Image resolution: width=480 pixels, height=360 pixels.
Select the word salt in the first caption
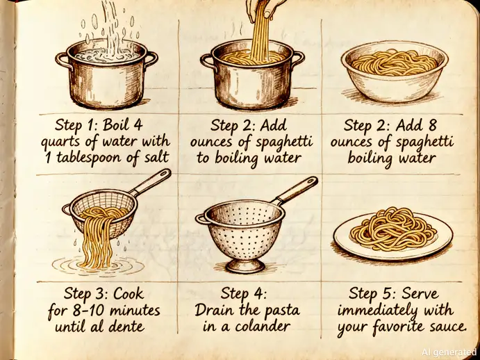tap(156, 157)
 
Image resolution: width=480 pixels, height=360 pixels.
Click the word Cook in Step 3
tap(129, 294)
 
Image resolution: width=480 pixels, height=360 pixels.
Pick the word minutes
tap(135, 310)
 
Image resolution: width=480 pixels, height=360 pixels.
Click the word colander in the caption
tap(263, 326)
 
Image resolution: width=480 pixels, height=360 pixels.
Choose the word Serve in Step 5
tap(420, 294)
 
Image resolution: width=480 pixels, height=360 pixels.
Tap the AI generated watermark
tap(449, 352)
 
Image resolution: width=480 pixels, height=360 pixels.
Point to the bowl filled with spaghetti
tap(395, 72)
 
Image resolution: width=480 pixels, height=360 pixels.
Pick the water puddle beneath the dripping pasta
tap(98, 265)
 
